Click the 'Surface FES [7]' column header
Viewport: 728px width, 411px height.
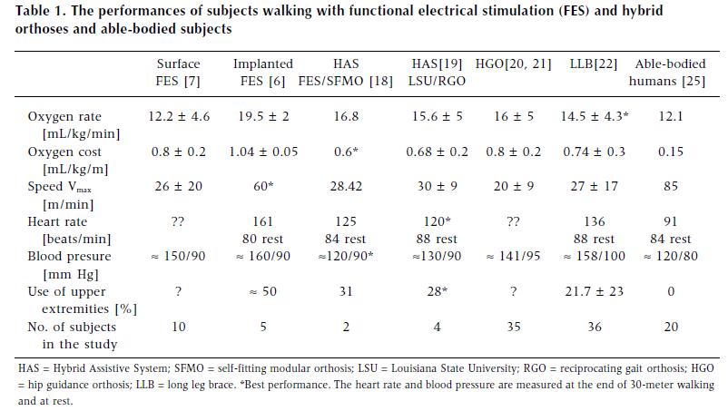178,73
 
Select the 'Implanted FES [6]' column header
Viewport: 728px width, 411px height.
263,73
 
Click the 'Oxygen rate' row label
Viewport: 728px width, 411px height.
64,117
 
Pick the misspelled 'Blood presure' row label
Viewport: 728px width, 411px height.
69,257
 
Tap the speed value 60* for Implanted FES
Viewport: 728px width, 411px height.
262,187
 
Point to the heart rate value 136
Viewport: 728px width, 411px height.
586,222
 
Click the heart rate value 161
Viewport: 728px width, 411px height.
262,222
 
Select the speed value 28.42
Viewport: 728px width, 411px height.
345,187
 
